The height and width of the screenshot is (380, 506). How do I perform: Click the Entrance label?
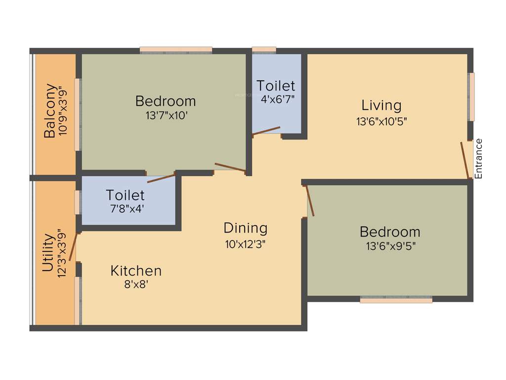click(478, 158)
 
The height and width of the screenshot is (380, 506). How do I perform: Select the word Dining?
click(246, 228)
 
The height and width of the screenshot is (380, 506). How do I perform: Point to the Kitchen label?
click(136, 271)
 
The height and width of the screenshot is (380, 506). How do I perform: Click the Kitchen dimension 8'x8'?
click(136, 285)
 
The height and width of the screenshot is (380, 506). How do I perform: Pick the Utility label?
click(47, 253)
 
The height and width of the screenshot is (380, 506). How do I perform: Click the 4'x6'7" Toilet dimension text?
click(278, 98)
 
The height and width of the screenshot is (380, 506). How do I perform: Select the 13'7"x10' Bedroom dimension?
click(166, 115)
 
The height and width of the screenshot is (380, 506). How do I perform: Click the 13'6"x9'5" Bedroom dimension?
click(390, 246)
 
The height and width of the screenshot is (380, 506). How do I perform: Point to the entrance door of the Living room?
click(465, 160)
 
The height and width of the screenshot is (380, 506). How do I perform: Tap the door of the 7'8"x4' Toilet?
click(161, 178)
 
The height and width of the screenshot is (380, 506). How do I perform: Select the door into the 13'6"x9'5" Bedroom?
click(310, 200)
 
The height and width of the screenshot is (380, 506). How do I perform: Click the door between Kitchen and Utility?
click(73, 246)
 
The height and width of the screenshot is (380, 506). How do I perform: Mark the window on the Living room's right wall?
click(471, 97)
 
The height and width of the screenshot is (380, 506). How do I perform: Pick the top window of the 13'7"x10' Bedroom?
click(176, 49)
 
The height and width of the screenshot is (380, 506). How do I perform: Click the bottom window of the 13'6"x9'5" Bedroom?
click(396, 299)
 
